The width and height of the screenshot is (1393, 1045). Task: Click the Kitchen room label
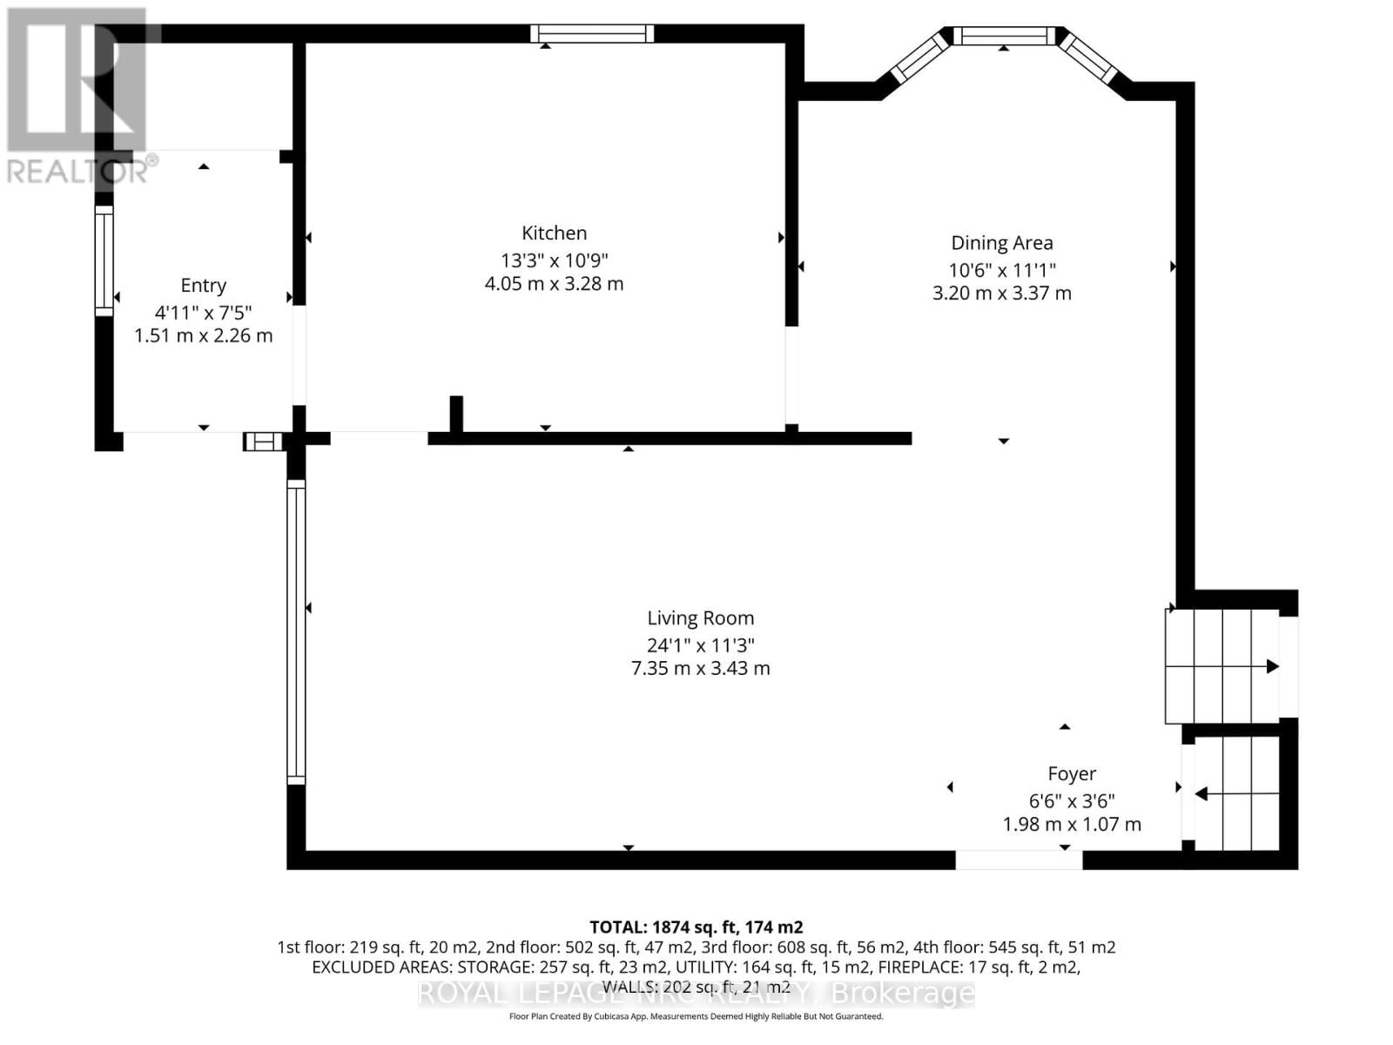click(x=554, y=233)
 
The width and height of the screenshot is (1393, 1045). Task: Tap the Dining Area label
click(x=1001, y=243)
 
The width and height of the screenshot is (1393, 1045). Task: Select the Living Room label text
click(x=700, y=618)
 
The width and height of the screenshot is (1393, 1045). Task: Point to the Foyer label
click(x=1071, y=773)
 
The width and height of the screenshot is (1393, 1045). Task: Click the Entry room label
click(x=203, y=286)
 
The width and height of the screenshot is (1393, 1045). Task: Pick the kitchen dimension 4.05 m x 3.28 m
click(x=554, y=284)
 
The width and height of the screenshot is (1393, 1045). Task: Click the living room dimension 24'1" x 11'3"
click(x=700, y=645)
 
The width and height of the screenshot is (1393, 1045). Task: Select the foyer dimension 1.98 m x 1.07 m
click(x=1071, y=824)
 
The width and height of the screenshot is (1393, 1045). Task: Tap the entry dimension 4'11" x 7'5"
click(x=203, y=312)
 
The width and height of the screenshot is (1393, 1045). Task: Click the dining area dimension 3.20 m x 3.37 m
click(x=1001, y=293)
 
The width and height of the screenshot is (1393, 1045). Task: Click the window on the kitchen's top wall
click(x=592, y=34)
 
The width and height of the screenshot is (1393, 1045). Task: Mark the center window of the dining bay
click(x=1004, y=36)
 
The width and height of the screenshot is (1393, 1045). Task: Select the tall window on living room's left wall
click(x=296, y=632)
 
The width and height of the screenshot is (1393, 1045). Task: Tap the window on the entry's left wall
click(x=104, y=260)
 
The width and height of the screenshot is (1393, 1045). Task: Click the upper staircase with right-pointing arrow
click(x=1221, y=666)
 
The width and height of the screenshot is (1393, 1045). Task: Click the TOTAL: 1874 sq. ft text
click(x=696, y=927)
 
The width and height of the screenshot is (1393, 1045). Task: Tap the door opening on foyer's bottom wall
click(x=1019, y=860)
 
